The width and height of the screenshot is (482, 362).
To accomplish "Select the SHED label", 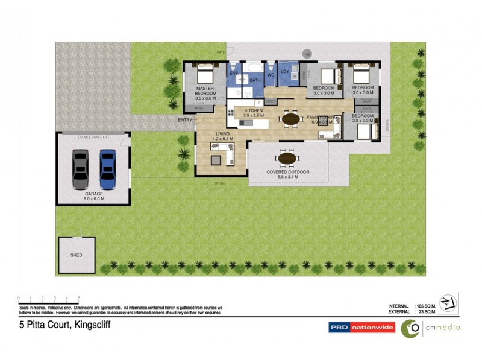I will [x=76, y=255].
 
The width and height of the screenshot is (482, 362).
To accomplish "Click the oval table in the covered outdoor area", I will [x=287, y=159].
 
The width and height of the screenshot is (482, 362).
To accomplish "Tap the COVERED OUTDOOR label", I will [x=288, y=172].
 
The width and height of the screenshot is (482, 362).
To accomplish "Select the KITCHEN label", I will [x=254, y=110].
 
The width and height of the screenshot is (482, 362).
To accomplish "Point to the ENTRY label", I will [x=185, y=119].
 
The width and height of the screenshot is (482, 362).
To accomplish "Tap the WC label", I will [x=271, y=75].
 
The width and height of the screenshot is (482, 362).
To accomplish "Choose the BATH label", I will [x=255, y=80].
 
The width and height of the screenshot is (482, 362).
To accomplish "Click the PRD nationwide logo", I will [x=361, y=328].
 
